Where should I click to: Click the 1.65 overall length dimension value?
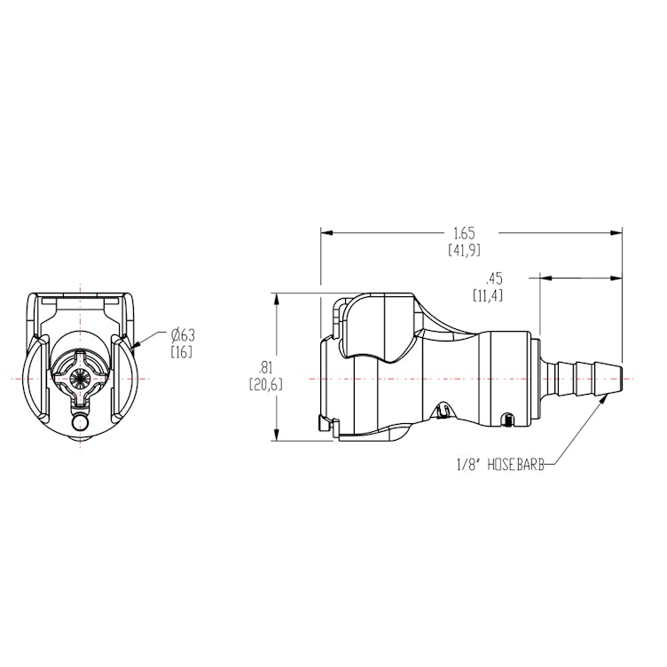pyautogui.click(x=464, y=233)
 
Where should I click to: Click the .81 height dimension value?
pyautogui.click(x=263, y=367)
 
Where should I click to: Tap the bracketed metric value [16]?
pyautogui.click(x=181, y=352)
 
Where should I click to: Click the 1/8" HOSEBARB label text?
pyautogui.click(x=498, y=462)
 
